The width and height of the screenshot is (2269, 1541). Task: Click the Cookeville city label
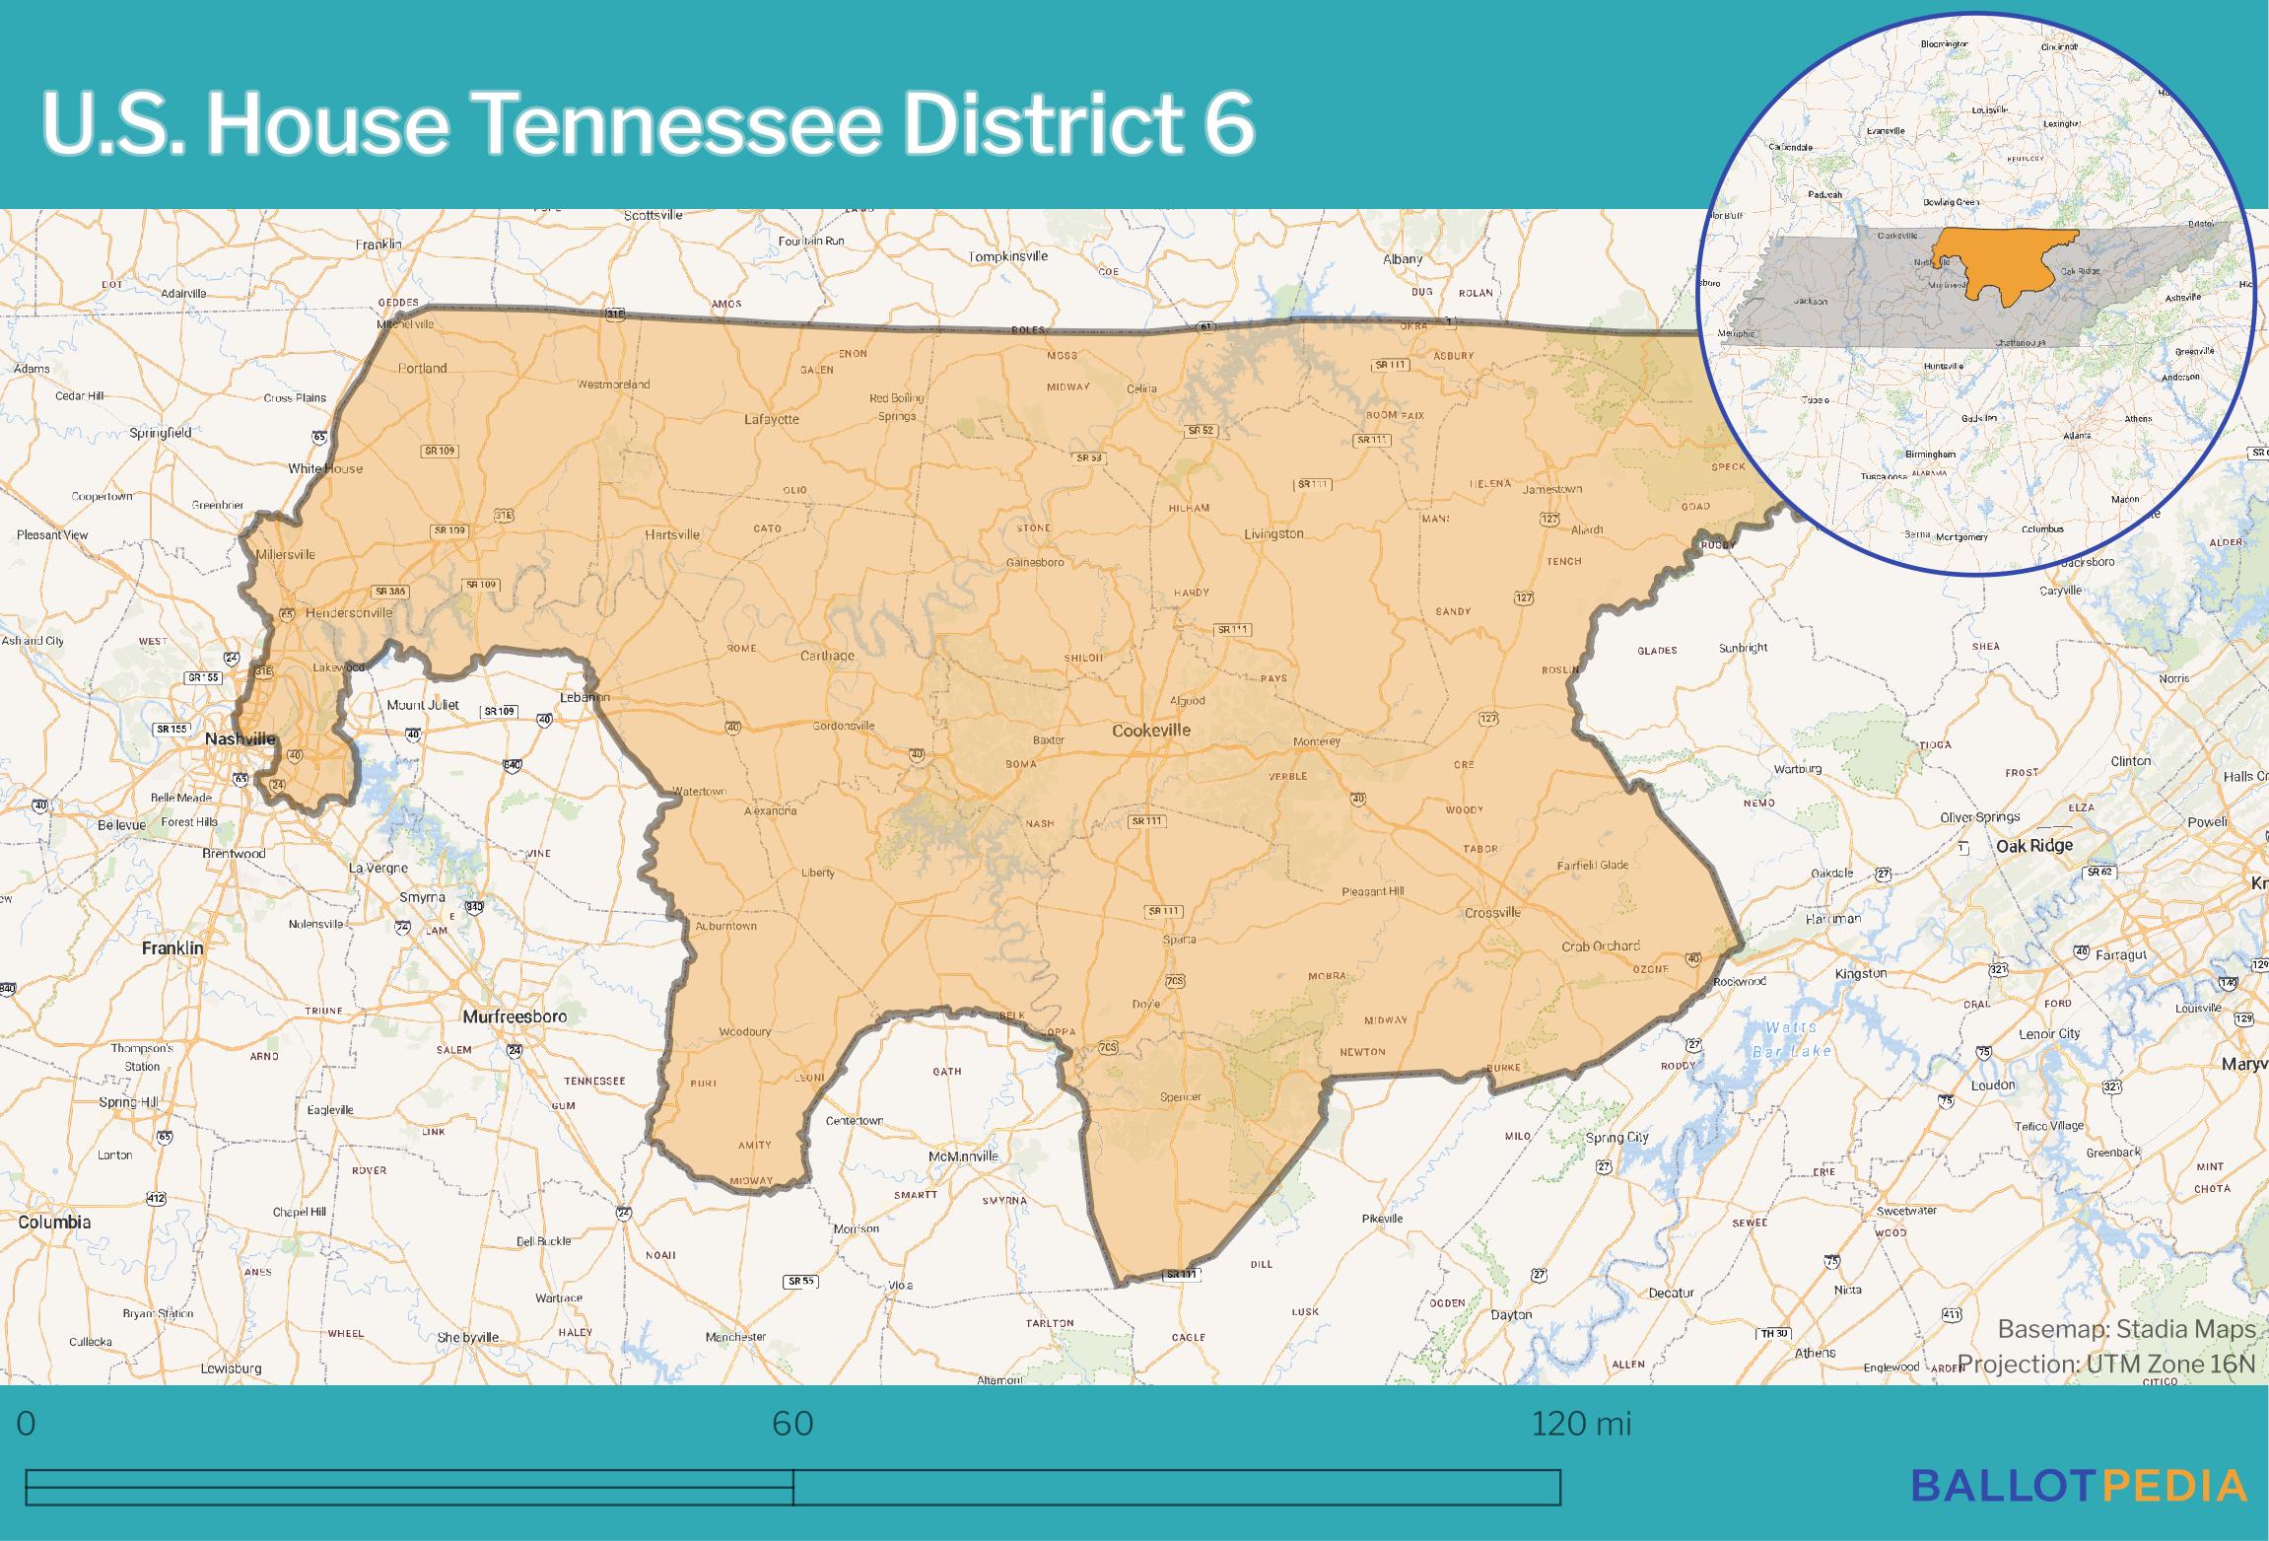(1150, 731)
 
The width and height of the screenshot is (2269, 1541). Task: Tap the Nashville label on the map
(240, 739)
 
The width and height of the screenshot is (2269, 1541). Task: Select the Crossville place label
(1492, 913)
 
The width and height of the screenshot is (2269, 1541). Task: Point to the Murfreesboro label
(515, 1016)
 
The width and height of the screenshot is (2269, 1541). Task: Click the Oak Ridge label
(2034, 846)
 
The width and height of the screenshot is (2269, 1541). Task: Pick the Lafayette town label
(772, 419)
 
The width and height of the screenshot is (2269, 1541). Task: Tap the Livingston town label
(1273, 533)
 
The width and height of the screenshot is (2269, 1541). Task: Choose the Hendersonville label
(349, 612)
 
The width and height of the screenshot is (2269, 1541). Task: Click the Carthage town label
(827, 656)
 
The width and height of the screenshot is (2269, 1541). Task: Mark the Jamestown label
(1552, 489)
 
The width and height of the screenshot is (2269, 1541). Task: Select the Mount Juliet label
(423, 705)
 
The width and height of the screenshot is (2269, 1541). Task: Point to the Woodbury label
(745, 1032)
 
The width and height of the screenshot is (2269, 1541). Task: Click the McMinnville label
(963, 1156)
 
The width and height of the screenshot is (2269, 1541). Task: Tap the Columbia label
(54, 1222)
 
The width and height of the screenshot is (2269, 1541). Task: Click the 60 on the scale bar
(792, 1424)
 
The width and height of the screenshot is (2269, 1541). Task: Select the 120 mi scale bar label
(1580, 1424)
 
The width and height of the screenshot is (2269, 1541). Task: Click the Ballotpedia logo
(2079, 1486)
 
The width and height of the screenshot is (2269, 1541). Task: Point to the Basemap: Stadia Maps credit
(2126, 1329)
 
